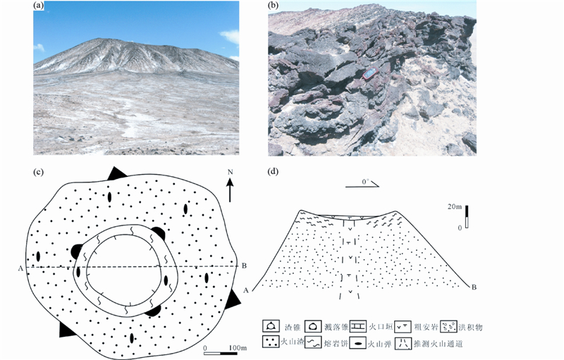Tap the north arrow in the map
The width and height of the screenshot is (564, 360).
tap(231, 192)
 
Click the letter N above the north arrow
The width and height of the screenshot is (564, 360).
tap(231, 173)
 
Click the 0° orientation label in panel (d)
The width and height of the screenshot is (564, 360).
tap(364, 181)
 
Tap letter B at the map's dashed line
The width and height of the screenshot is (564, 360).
tap(243, 265)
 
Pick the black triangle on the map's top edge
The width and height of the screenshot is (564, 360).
tap(116, 173)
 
